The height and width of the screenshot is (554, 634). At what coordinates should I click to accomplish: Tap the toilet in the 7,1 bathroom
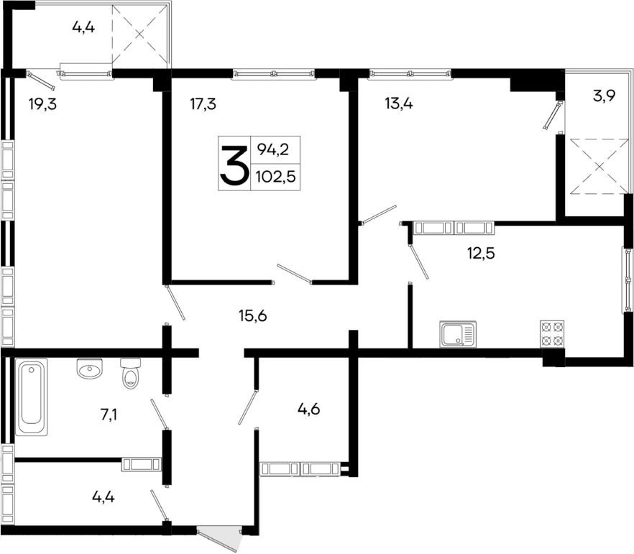click(130, 373)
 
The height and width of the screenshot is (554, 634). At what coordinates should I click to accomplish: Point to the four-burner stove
click(551, 334)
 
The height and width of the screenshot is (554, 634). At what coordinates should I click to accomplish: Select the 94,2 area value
click(272, 150)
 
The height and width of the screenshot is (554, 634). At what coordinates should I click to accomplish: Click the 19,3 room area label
click(42, 104)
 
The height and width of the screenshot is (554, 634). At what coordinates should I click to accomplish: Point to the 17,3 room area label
click(203, 104)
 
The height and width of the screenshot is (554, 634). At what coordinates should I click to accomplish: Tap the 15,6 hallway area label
click(252, 315)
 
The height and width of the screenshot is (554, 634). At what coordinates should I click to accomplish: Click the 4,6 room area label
click(308, 410)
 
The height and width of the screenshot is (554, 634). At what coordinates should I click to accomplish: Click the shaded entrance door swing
click(222, 536)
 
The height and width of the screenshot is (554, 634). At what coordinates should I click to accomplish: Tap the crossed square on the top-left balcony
click(140, 33)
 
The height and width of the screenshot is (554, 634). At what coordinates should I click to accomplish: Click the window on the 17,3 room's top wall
click(273, 72)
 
